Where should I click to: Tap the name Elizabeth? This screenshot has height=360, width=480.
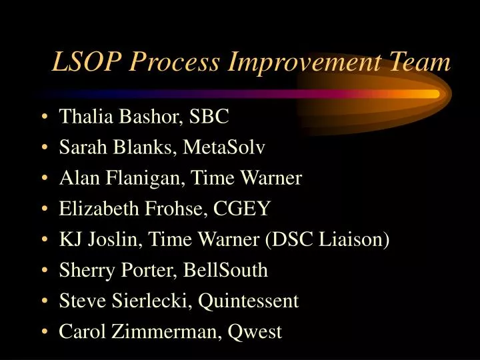pyautogui.click(x=100, y=209)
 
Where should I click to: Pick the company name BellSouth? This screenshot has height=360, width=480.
pyautogui.click(x=229, y=270)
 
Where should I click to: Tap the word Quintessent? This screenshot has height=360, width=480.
pyautogui.click(x=247, y=301)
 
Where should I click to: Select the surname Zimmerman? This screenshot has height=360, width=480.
pyautogui.click(x=161, y=331)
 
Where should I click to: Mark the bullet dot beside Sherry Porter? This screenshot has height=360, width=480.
pyautogui.click(x=43, y=271)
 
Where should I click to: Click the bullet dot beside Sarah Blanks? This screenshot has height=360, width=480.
pyautogui.click(x=43, y=148)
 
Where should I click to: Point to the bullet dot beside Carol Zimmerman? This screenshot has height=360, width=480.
pyautogui.click(x=43, y=332)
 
